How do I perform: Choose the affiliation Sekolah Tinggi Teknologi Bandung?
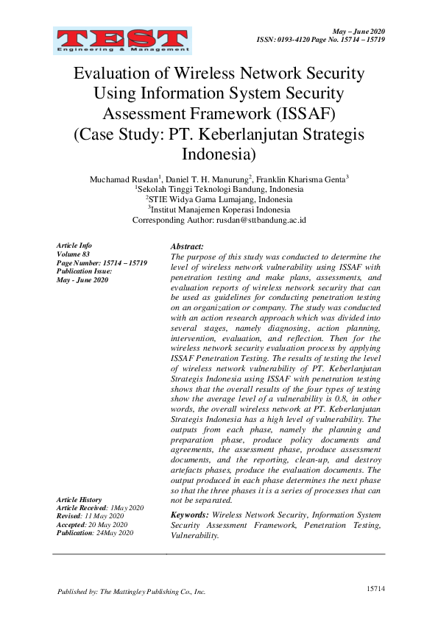point(221,190)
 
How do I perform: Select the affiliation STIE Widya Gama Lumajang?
point(221,199)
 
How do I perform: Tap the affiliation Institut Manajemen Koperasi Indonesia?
point(221,210)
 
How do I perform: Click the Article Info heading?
point(74,246)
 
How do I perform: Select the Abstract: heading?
point(187,246)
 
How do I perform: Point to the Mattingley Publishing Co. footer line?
point(132,592)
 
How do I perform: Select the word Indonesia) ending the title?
point(219,155)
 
